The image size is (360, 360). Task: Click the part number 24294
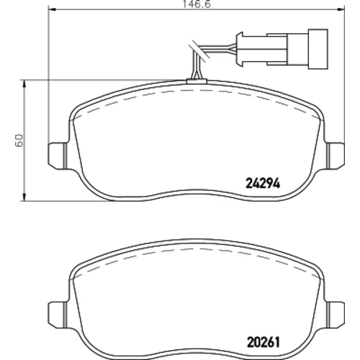coord(263,184)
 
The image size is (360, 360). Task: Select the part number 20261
coord(264,342)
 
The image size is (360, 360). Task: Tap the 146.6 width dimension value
coord(197,4)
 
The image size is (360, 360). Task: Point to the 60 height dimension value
coord(19,140)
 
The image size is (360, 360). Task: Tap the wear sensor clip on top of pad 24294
coord(197,81)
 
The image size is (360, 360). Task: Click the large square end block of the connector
coord(318,49)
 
